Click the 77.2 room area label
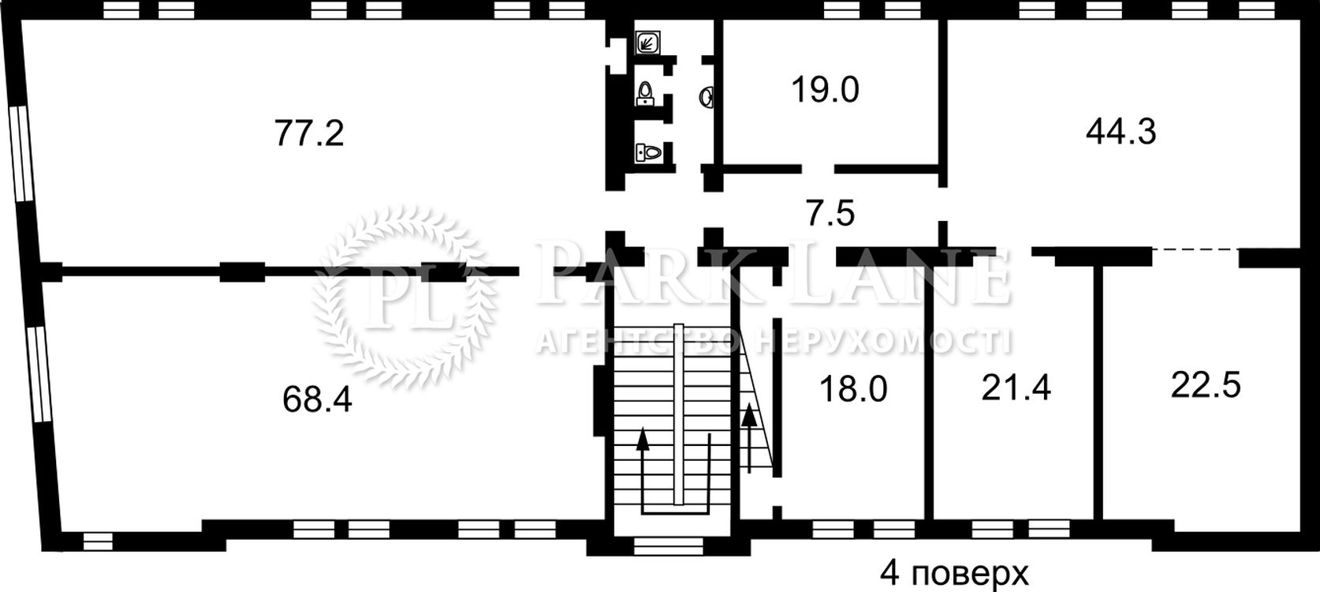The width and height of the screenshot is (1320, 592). pos(309,133)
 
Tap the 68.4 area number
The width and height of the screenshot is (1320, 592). pos(317,399)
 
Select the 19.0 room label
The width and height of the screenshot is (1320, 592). pos(825,90)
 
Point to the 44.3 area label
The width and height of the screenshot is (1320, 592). pos(1121,132)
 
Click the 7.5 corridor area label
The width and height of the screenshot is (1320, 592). pos(830,213)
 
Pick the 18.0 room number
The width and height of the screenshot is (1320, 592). pos(853,389)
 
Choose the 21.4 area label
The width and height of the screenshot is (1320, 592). pos(1016,388)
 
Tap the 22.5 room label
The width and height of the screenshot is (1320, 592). pos(1206,385)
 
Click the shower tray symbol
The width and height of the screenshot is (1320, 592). pos(647,43)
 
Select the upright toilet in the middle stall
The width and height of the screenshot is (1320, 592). pos(647,94)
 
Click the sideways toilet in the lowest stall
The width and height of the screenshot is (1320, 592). pos(648,152)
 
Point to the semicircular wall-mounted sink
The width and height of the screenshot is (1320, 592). pos(707,98)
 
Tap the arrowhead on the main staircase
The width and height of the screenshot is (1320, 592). pos(643,440)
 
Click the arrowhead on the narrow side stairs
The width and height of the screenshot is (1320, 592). pos(749,415)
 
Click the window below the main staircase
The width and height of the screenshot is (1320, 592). pos(668,546)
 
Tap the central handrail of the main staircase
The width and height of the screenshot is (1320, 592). pos(679,422)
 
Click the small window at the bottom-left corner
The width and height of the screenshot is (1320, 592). pos(97,541)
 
